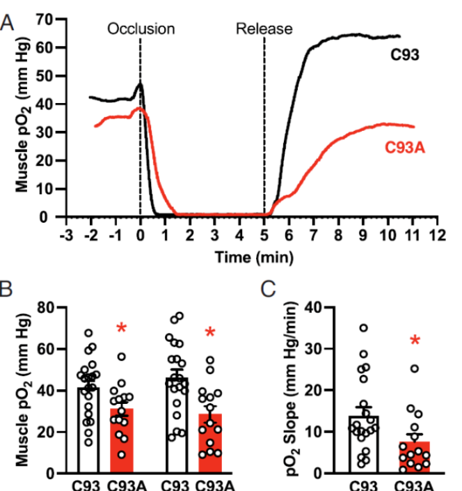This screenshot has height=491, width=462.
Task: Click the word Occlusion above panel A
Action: click(x=141, y=29)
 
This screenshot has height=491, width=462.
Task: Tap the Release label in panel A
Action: click(x=264, y=29)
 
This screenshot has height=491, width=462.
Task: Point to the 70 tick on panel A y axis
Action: click(x=47, y=19)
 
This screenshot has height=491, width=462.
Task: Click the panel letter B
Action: click(x=8, y=287)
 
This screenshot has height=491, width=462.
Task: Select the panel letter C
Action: click(x=266, y=287)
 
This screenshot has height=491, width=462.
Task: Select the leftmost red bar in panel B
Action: click(x=122, y=441)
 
